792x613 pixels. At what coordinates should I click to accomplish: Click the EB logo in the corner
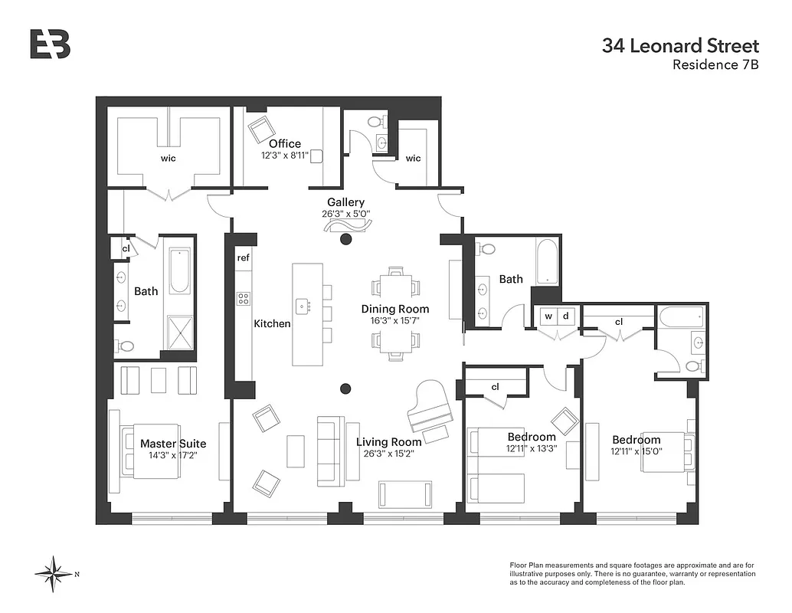click(x=50, y=44)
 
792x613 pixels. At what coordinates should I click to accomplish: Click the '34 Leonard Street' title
click(x=680, y=46)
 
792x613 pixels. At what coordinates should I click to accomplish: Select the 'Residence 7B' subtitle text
click(x=715, y=65)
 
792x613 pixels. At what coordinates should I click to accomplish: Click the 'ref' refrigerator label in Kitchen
click(x=243, y=257)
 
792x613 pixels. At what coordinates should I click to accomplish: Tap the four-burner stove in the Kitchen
click(x=244, y=299)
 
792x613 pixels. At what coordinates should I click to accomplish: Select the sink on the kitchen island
click(x=303, y=306)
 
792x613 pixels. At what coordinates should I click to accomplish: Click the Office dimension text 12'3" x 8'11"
click(x=284, y=156)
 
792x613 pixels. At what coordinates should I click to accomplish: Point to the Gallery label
click(x=345, y=202)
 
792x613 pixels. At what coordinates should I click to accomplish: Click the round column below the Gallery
click(x=345, y=240)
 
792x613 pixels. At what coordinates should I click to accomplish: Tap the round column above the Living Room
click(x=345, y=388)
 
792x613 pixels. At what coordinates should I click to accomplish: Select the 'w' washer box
click(x=548, y=316)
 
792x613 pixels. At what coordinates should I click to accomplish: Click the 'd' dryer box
click(x=566, y=316)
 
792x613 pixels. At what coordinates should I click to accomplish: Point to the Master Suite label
click(x=173, y=444)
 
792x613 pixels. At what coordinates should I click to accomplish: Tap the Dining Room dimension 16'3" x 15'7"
click(x=395, y=321)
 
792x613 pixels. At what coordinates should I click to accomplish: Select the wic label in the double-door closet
click(x=168, y=158)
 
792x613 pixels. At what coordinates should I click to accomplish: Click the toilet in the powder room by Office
click(x=375, y=121)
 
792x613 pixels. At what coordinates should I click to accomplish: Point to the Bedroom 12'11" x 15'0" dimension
click(x=636, y=452)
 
